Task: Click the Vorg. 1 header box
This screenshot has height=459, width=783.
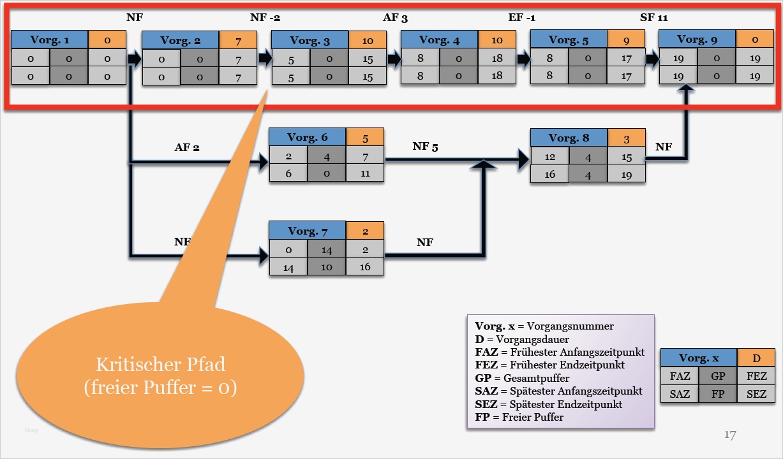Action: point(50,40)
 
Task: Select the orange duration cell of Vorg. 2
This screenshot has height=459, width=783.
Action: point(237,41)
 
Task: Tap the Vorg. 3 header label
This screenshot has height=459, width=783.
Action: point(309,41)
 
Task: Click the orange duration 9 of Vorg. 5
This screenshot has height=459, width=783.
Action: point(625,40)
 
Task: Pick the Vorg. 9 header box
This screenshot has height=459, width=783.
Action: point(697,40)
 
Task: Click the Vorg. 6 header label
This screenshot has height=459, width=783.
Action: point(307,138)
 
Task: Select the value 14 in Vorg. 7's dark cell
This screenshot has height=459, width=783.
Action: point(327,249)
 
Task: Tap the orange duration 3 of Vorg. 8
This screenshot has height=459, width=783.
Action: point(626,138)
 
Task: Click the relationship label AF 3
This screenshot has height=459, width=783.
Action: point(395,18)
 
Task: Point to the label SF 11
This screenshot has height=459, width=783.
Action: point(653,18)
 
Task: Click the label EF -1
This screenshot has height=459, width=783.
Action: point(521,18)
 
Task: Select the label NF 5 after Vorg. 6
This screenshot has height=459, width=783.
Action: point(425,147)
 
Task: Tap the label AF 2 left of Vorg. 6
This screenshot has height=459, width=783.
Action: point(187,147)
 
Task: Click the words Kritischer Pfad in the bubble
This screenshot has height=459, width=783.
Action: point(160,365)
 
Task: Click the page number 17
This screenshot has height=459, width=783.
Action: point(731,435)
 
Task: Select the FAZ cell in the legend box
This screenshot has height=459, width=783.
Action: point(680,376)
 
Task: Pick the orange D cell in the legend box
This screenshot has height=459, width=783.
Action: point(756,358)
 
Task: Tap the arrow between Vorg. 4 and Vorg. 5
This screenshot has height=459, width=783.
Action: point(523,59)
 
